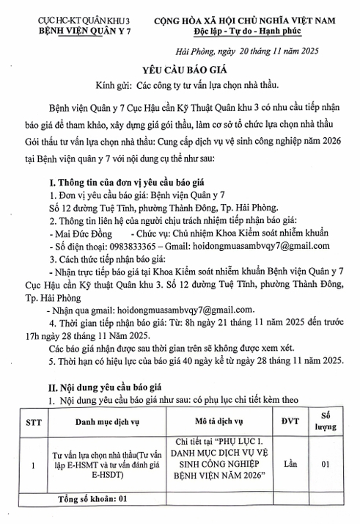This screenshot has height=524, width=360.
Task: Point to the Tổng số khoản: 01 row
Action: (x=92, y=498)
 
